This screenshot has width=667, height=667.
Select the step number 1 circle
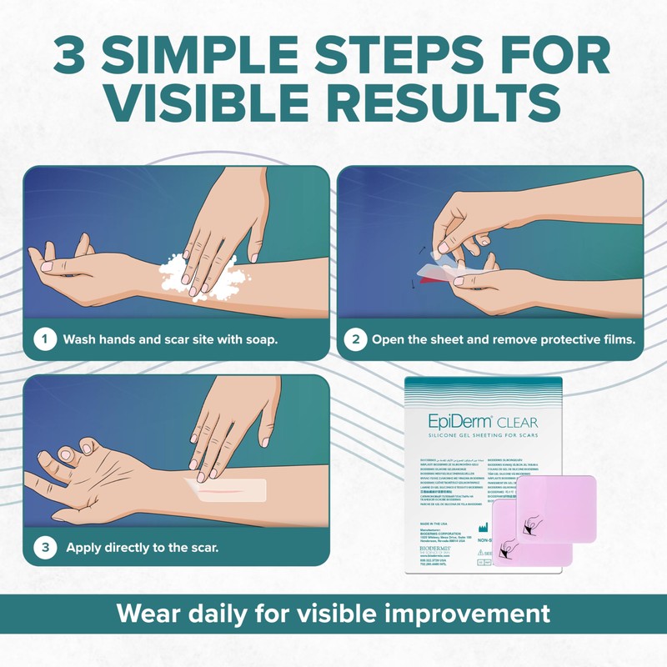(x=43, y=339)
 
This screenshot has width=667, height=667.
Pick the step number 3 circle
(x=43, y=548)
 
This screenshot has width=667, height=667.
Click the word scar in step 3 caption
(x=200, y=549)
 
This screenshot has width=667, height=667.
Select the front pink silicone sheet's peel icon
(x=532, y=524)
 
